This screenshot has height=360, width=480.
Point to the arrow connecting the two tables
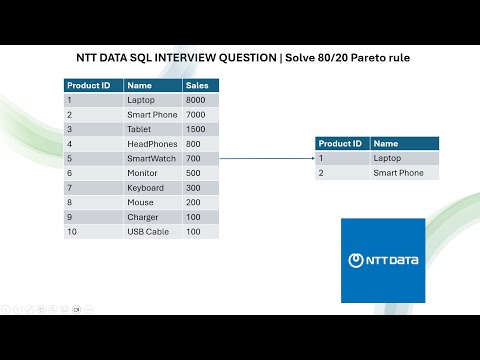(266, 158)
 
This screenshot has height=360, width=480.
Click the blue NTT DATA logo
(383, 260)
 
